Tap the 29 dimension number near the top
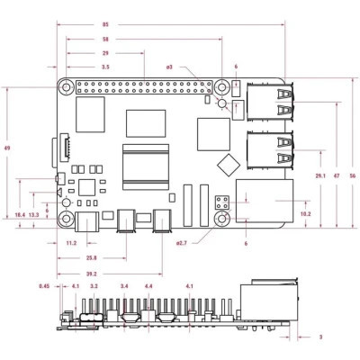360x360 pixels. click(x=105, y=54)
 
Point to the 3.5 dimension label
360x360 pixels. click(x=105, y=67)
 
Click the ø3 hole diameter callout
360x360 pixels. click(x=168, y=67)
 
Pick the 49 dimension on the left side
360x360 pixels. click(x=8, y=148)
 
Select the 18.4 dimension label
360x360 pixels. click(x=20, y=216)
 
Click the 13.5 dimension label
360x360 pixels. click(x=34, y=216)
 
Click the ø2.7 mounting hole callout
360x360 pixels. click(x=181, y=243)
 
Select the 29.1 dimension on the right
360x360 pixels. click(x=319, y=175)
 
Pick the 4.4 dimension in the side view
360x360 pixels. click(x=148, y=287)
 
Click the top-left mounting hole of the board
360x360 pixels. click(x=66, y=87)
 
